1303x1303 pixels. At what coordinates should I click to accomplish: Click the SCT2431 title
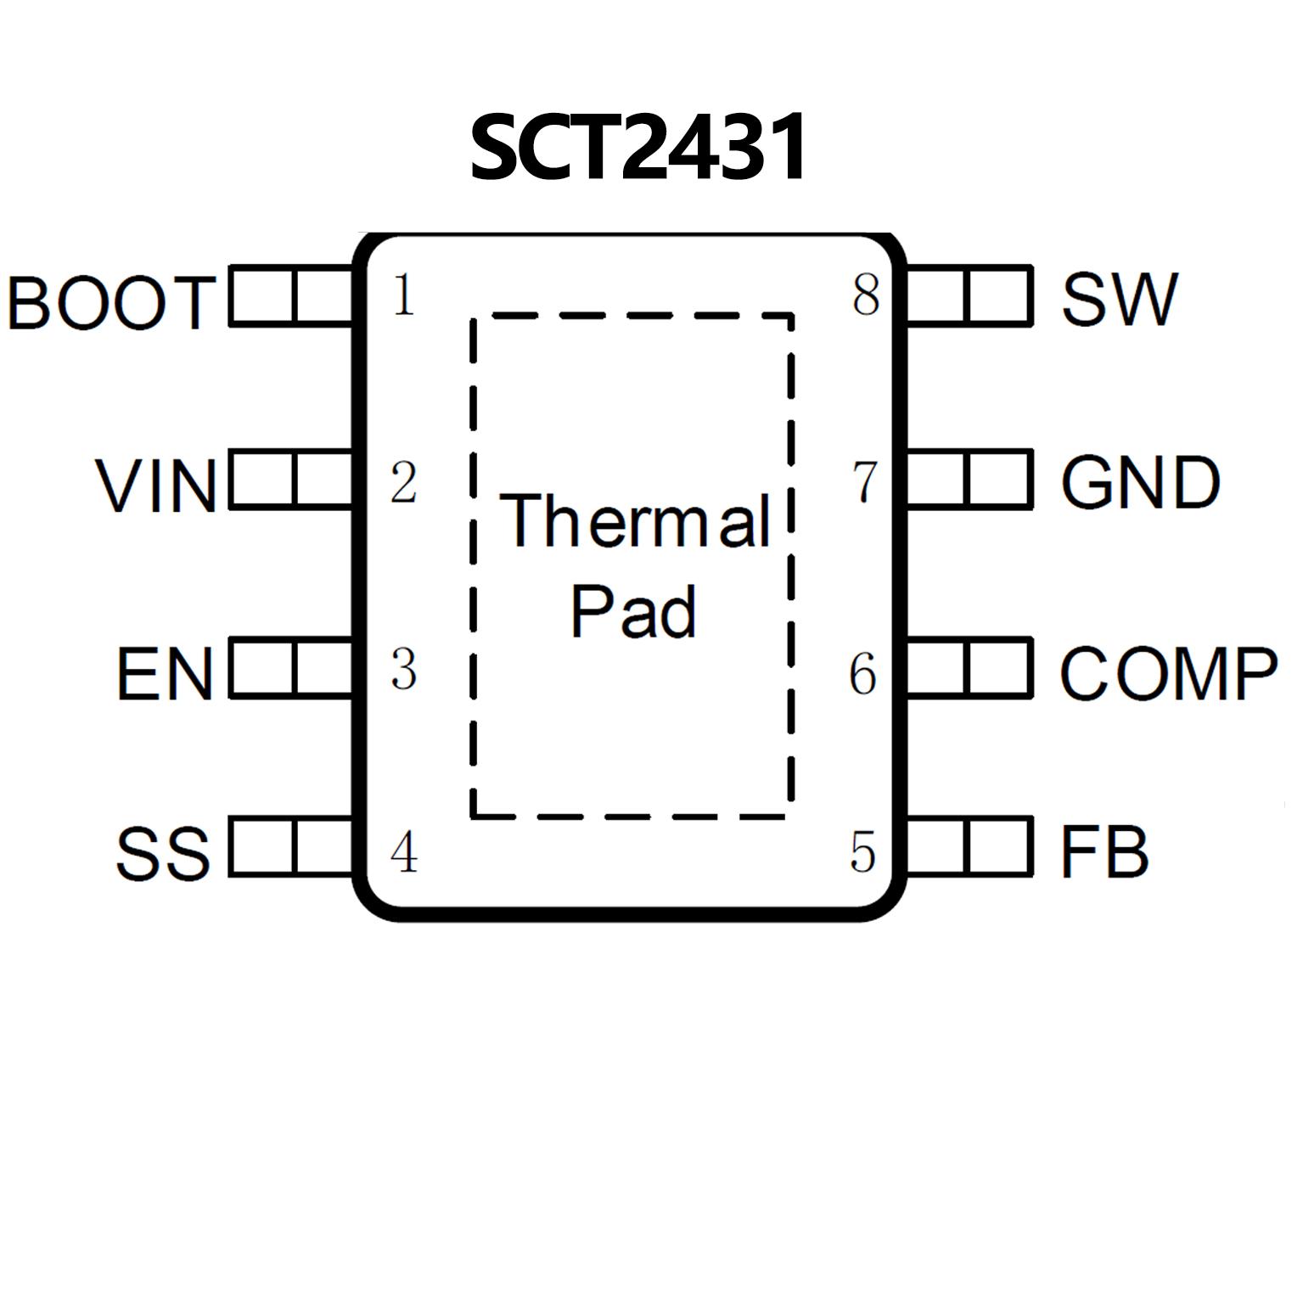pos(638,148)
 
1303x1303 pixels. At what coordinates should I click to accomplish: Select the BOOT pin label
pos(110,302)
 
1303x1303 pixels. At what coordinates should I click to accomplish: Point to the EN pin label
pos(165,675)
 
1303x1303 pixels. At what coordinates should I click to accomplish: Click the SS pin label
pos(162,853)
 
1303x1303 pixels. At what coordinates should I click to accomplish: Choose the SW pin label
pos(1120,299)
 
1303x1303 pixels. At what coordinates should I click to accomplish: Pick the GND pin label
pos(1141,483)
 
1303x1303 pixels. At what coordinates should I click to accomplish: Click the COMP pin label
pos(1168,674)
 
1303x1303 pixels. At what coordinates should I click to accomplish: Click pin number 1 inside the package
pos(404,296)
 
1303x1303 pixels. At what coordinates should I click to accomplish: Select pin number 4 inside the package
pos(404,852)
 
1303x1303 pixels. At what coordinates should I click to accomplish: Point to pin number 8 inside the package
pos(866,295)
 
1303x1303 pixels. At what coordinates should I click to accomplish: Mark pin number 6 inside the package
pos(863,675)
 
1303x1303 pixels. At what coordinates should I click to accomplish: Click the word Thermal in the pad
pos(635,520)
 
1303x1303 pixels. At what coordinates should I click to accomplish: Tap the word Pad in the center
pos(633,611)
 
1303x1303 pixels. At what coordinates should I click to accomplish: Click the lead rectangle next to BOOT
pos(291,295)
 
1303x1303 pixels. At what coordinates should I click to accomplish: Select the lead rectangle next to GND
pos(969,480)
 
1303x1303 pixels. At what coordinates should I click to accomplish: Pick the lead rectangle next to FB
pos(969,846)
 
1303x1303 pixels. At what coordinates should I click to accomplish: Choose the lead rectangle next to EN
pos(291,669)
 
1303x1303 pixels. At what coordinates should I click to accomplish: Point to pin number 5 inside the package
pos(863,852)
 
